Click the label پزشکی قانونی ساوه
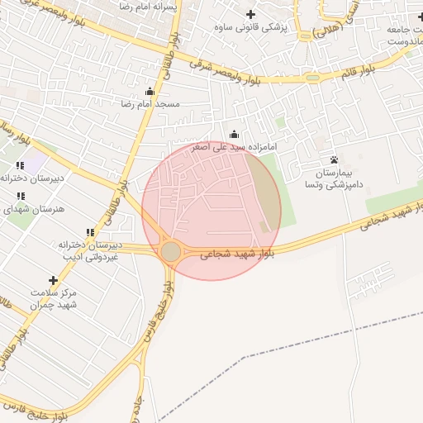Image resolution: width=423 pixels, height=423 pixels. (261, 27)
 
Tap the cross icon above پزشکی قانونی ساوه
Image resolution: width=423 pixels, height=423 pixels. (251, 14)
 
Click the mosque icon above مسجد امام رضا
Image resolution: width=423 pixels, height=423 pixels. (150, 91)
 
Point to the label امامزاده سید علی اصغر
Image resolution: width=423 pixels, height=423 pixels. (234, 147)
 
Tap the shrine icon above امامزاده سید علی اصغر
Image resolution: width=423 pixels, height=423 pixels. (234, 134)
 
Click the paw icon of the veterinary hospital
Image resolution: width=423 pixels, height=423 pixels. (334, 159)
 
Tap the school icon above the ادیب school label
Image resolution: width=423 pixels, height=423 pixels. (90, 233)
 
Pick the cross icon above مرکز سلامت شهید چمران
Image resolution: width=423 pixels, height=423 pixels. (54, 281)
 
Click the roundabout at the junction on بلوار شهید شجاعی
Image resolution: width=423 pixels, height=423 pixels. (171, 251)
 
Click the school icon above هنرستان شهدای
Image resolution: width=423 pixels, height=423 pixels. (20, 197)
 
